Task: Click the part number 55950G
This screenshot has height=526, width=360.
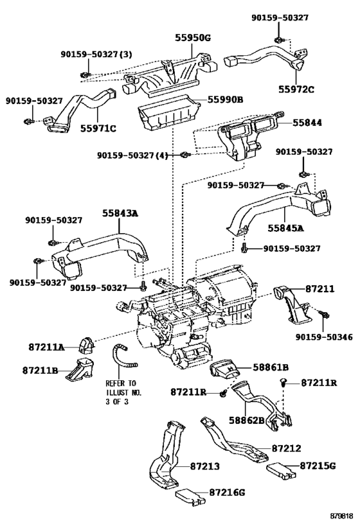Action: (x=192, y=38)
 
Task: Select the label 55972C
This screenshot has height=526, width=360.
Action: (x=296, y=89)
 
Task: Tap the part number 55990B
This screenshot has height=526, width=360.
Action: (x=225, y=100)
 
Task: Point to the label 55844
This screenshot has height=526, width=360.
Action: (x=307, y=123)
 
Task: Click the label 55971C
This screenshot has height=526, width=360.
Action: (x=98, y=128)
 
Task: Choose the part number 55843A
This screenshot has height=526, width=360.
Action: (x=120, y=213)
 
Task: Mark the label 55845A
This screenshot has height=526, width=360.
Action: (x=285, y=228)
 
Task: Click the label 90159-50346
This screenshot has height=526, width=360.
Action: (x=324, y=337)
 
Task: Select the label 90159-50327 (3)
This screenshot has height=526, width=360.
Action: (x=96, y=55)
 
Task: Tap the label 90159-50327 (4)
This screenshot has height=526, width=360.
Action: (x=132, y=155)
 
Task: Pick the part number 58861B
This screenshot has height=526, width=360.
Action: (x=271, y=367)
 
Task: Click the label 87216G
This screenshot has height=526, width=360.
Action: (x=227, y=492)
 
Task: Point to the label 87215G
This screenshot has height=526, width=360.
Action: (x=318, y=466)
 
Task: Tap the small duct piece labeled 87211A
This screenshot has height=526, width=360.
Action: (x=86, y=346)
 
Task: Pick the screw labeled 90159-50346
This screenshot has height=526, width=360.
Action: (x=325, y=314)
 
